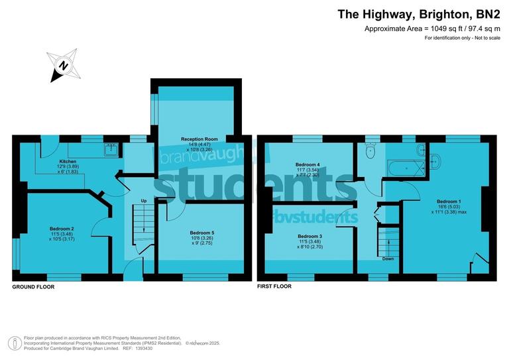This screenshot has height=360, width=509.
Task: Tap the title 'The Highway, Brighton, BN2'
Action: pos(420,13)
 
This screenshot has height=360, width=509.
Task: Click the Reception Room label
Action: pos(199,139)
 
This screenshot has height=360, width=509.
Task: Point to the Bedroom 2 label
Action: pos(62,229)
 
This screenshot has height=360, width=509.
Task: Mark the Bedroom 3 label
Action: pos(310,237)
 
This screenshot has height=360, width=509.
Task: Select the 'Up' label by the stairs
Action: pos(143,201)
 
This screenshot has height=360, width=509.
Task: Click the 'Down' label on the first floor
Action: pos(388,259)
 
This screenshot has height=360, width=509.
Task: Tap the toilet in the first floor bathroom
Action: pos(371,152)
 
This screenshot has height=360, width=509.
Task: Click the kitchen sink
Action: pos(111,150)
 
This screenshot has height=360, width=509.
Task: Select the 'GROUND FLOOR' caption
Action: pos(33,287)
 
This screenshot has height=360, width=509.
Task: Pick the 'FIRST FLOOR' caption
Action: pos(274,287)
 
